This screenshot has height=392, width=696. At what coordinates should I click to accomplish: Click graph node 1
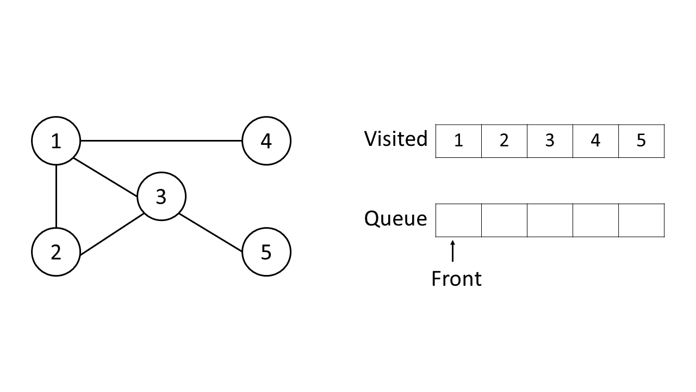coord(56,141)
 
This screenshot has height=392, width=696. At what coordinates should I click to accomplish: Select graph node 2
coord(56,252)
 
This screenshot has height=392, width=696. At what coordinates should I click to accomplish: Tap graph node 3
coord(161,197)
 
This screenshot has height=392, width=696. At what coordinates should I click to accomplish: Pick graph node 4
coord(266,141)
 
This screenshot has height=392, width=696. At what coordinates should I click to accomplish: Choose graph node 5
coord(266,252)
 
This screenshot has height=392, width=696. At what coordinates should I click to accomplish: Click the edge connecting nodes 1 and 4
coord(161,141)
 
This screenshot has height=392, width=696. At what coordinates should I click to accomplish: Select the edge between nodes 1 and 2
coord(56,197)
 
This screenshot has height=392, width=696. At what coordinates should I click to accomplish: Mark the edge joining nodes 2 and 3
coord(111,235)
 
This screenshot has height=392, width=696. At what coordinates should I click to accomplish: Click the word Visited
coord(396,139)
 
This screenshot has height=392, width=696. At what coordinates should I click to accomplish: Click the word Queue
coord(396,219)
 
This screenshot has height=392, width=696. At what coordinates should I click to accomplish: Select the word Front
coord(456,279)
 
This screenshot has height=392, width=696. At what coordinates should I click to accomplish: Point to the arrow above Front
coord(452,253)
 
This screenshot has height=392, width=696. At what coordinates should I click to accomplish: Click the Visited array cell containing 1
coord(458,141)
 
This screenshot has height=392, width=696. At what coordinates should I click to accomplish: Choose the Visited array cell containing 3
coord(550,141)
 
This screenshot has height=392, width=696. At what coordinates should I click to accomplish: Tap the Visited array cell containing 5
coord(642,141)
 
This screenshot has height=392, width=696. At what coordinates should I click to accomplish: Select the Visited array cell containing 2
coord(504,141)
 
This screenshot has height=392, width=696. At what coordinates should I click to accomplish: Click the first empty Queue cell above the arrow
coord(458,220)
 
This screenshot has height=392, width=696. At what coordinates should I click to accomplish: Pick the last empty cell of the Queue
coord(642,220)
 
